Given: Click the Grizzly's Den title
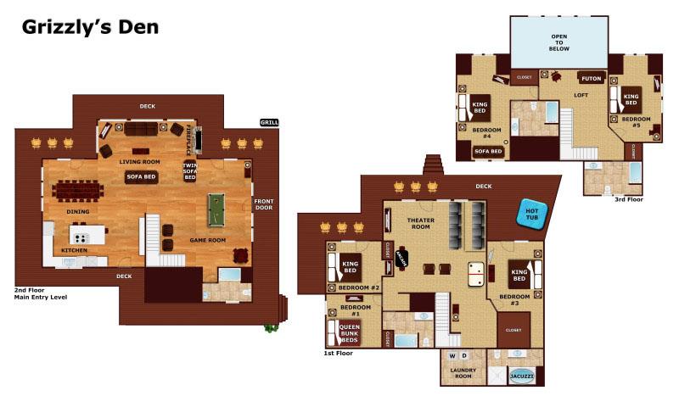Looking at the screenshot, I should point(90,27).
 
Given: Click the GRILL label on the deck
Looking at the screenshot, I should point(269,123).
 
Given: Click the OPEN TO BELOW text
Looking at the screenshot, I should point(559,43).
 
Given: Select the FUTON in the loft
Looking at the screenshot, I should point(592,78).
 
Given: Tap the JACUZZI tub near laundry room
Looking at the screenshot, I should point(520,374).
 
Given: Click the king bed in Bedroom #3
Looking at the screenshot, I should point(519,276).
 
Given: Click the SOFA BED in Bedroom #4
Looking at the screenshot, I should point(488,152).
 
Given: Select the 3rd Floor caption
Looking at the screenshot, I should point(629,199).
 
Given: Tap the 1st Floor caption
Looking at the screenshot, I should point(339,353).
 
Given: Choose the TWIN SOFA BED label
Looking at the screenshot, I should point(190,170).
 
